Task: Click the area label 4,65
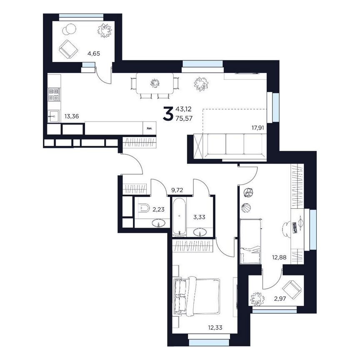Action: pyautogui.click(x=94, y=54)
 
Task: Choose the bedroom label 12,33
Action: pyautogui.click(x=215, y=327)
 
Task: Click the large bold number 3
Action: pyautogui.click(x=168, y=113)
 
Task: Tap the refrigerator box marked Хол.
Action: pyautogui.click(x=150, y=128)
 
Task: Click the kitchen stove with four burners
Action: pyautogui.click(x=54, y=95)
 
